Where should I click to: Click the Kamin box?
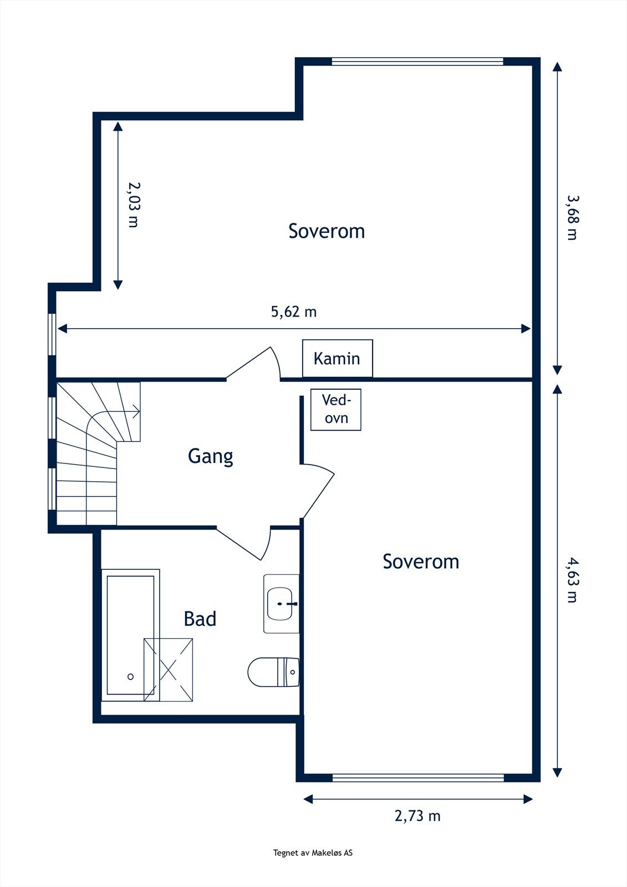pyautogui.click(x=338, y=358)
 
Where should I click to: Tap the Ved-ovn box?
pyautogui.click(x=336, y=410)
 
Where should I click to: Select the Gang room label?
pyautogui.click(x=210, y=457)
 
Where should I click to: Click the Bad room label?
pyautogui.click(x=200, y=619)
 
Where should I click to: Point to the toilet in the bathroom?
pyautogui.click(x=273, y=672)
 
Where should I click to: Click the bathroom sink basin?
pyautogui.click(x=279, y=604)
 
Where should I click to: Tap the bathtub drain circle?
pyautogui.click(x=130, y=677)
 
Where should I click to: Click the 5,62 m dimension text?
pyautogui.click(x=294, y=312)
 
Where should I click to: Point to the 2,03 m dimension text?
pyautogui.click(x=134, y=205)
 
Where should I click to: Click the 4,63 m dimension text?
pyautogui.click(x=572, y=581)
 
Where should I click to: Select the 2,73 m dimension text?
pyautogui.click(x=417, y=816)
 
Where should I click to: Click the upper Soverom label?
pyautogui.click(x=327, y=231)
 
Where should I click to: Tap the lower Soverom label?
pyautogui.click(x=421, y=562)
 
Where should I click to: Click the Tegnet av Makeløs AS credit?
pyautogui.click(x=313, y=853)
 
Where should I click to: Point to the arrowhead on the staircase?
pyautogui.click(x=136, y=411)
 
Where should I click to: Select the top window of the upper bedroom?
pyautogui.click(x=417, y=62)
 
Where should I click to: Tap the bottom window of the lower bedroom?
pyautogui.click(x=418, y=778)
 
